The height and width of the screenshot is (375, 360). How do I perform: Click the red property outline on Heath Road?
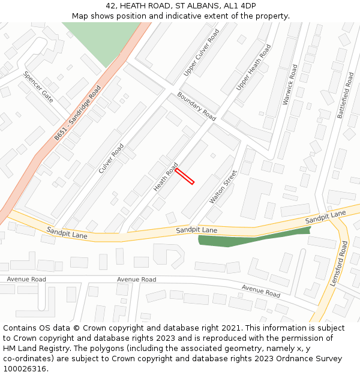[x=184, y=176]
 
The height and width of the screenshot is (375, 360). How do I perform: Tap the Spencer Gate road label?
[x=38, y=87]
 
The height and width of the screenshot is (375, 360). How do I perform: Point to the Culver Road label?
[x=111, y=158]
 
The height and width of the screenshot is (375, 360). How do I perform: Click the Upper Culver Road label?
[x=202, y=52]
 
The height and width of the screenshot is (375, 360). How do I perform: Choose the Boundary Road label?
[x=196, y=106]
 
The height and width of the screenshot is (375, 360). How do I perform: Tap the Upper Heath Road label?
[x=253, y=67]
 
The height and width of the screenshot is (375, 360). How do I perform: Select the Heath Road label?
[x=166, y=178]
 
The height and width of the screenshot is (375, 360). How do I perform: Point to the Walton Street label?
[x=223, y=187]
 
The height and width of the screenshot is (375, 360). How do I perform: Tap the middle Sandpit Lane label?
[x=197, y=230]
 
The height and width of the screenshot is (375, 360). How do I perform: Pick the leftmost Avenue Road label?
[x=26, y=279]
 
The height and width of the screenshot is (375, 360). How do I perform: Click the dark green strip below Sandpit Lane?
[x=252, y=239]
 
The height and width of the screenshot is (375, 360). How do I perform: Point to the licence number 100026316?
[x=25, y=369]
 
